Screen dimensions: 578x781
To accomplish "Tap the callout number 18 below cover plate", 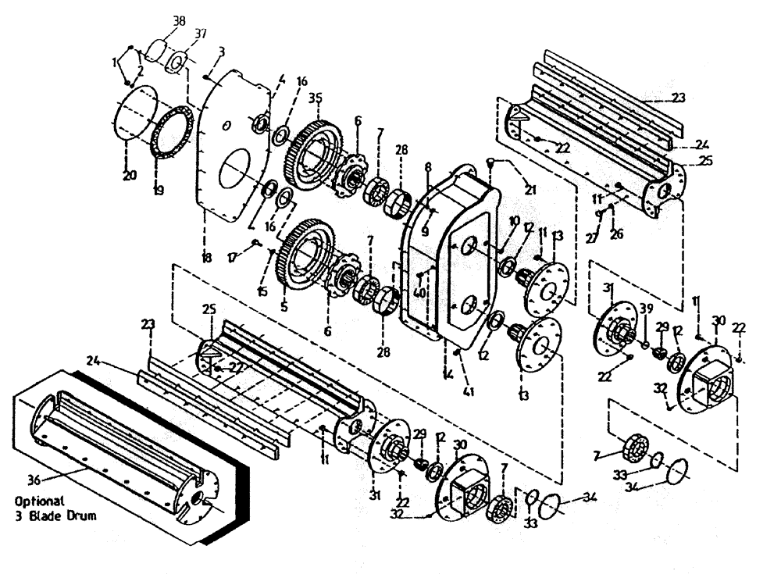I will pyautogui.click(x=206, y=257).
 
